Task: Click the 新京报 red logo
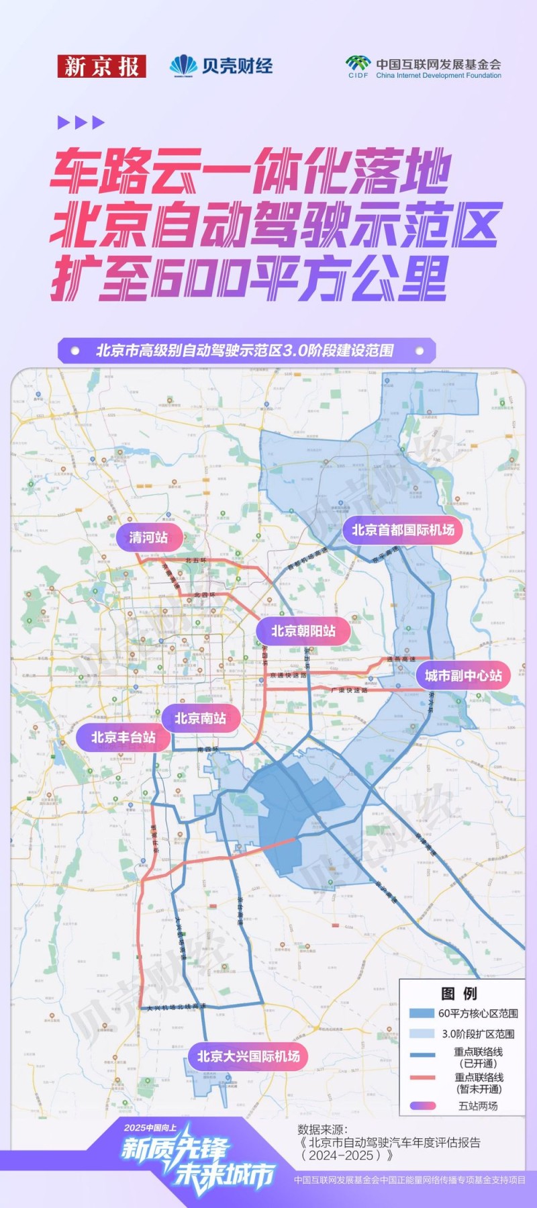(101, 66)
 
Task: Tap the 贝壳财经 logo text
(238, 66)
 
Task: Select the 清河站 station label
(148, 537)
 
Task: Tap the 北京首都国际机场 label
(403, 530)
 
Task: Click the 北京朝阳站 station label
(303, 631)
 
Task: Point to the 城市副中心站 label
(463, 676)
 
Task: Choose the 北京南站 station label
(200, 718)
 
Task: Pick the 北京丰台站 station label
(124, 737)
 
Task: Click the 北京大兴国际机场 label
(248, 1056)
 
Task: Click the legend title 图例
(459, 994)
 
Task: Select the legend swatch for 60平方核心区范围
(422, 1013)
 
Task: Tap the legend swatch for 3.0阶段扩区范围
(422, 1033)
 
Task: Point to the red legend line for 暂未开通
(422, 1078)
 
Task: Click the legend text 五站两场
(478, 1105)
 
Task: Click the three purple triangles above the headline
(81, 122)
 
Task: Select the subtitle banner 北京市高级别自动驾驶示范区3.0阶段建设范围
(246, 351)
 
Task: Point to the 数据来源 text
(323, 1129)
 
